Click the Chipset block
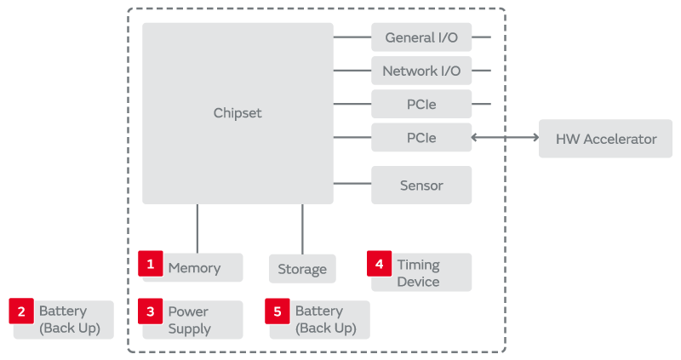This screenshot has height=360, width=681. point(237,113)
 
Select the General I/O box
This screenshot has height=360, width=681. point(421,37)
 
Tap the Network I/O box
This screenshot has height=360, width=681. point(421,71)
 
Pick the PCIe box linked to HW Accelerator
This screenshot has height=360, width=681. point(421,137)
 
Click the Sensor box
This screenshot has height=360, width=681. point(421,185)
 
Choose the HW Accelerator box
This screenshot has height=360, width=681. point(606,139)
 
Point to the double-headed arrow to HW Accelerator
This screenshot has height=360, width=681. point(505,137)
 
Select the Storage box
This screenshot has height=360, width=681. point(302,269)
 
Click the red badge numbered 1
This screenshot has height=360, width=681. point(151,264)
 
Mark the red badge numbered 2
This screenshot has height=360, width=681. point(21,311)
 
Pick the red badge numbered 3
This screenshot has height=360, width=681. point(151,311)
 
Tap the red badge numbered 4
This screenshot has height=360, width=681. point(380,264)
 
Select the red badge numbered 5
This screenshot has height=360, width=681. point(278,311)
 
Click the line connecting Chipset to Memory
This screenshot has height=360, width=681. point(197,228)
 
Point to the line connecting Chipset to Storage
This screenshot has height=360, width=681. point(302,228)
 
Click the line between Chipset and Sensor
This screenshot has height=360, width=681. point(352,183)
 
